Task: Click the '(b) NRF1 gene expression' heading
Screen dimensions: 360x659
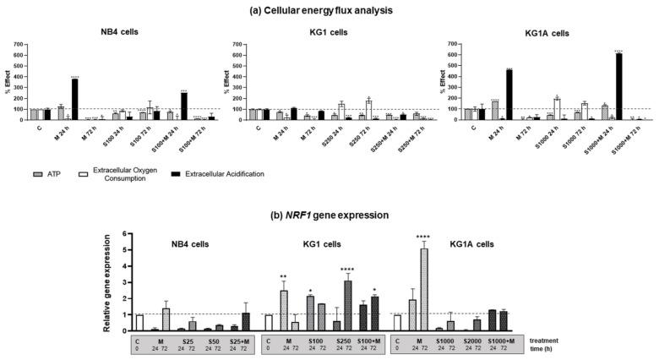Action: [329, 215]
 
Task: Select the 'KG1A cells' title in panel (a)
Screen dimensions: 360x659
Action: [548, 34]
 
